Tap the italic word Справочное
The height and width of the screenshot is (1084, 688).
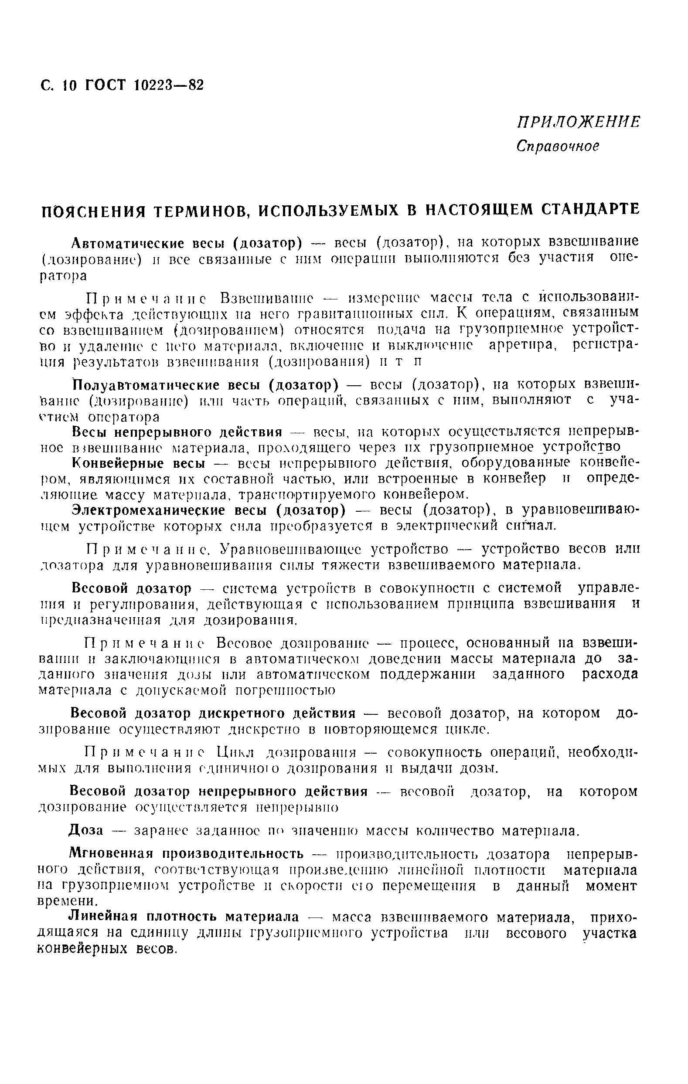pos(558,146)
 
